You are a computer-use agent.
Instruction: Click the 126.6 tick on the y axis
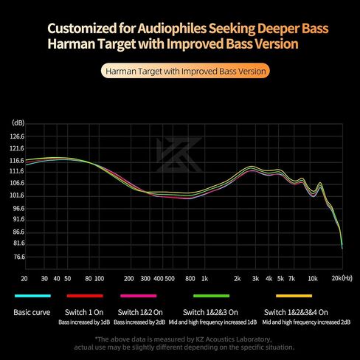pos(18,136)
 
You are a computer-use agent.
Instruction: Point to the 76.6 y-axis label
pos(18,257)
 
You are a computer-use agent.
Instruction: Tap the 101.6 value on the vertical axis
pos(18,195)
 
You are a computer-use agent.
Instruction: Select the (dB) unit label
pos(18,122)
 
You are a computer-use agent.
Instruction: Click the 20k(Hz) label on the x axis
pos(341,280)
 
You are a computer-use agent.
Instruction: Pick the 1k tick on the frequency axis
pos(204,280)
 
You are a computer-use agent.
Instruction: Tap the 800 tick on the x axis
pos(190,280)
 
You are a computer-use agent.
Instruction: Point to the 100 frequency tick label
pos(98,280)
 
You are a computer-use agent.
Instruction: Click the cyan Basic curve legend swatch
pos(32,297)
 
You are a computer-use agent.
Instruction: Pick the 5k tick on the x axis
pos(280,280)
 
